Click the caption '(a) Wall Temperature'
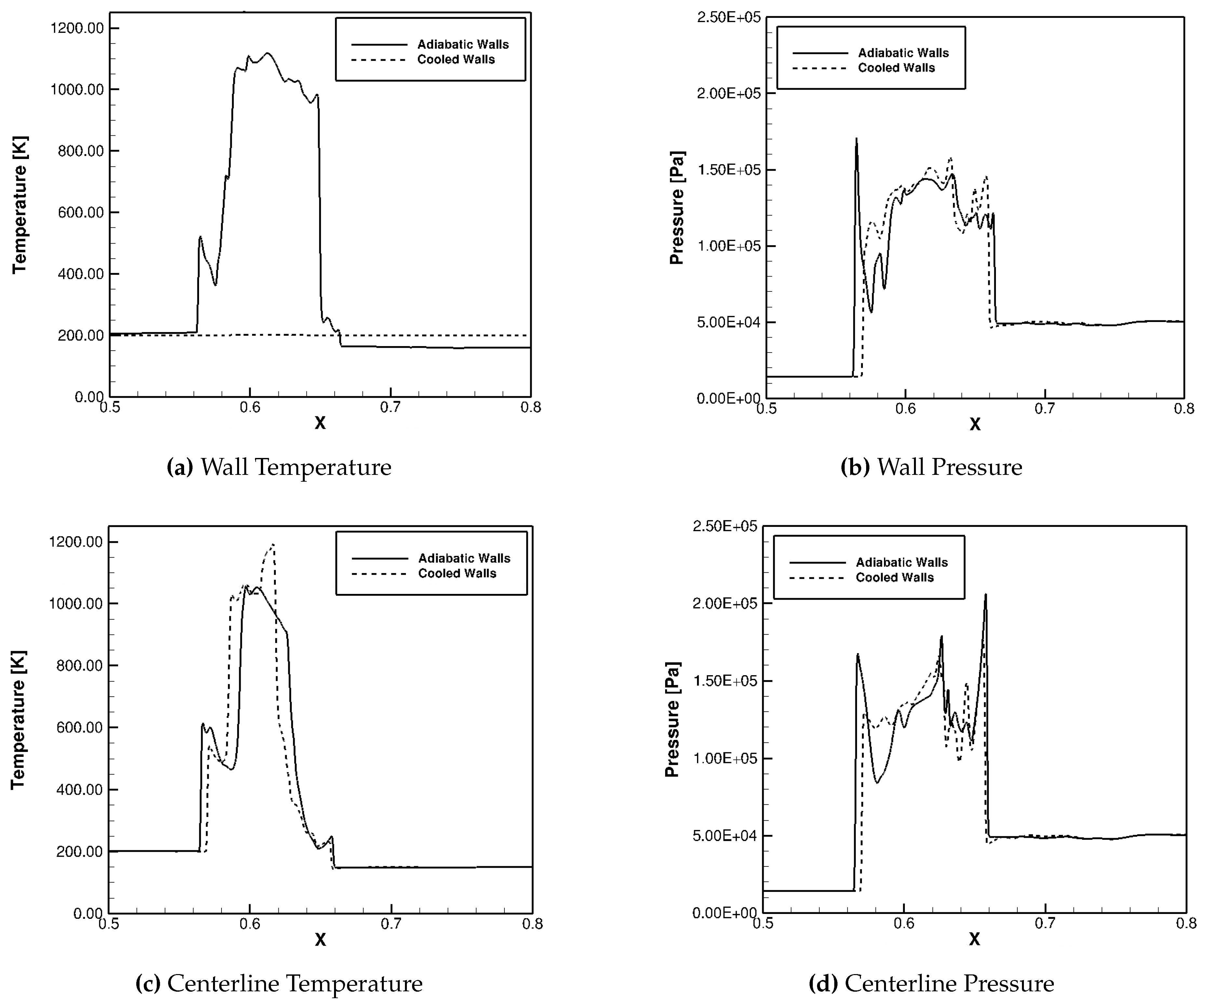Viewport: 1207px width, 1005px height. coord(279,467)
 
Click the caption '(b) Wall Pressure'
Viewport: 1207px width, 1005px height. coord(931,467)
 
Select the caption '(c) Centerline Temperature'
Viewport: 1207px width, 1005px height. coord(279,983)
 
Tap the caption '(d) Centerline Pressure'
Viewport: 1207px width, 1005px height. coord(931,983)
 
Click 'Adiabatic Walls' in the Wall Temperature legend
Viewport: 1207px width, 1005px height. coord(463,44)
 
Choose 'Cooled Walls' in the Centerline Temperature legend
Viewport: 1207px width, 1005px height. coord(457,573)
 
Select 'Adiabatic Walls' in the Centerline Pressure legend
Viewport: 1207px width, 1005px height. coord(901,562)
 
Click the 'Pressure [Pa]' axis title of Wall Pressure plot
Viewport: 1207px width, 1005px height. coord(677,208)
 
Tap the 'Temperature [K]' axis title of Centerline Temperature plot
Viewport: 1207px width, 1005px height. coord(19,719)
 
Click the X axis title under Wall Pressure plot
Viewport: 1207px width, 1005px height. coord(975,424)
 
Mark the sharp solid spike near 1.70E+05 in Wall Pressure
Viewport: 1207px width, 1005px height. coord(856,139)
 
